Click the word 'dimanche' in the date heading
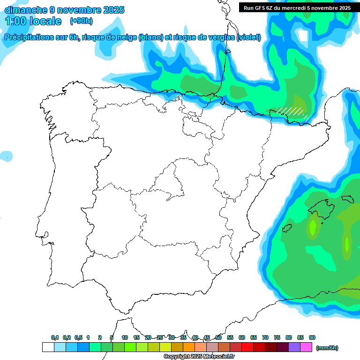(x=25, y=10)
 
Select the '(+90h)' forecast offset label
(x=82, y=21)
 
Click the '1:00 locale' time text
(x=33, y=21)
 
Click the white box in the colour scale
(x=48, y=347)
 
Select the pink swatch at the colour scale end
(x=306, y=347)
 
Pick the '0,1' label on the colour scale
(x=55, y=338)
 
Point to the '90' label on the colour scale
(x=312, y=338)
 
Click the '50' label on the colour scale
(x=218, y=338)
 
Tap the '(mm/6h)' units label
(x=327, y=348)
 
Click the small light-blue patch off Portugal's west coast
(x=6, y=156)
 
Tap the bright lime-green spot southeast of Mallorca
(x=346, y=244)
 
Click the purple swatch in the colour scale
(x=294, y=347)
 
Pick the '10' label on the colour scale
(x=125, y=338)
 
